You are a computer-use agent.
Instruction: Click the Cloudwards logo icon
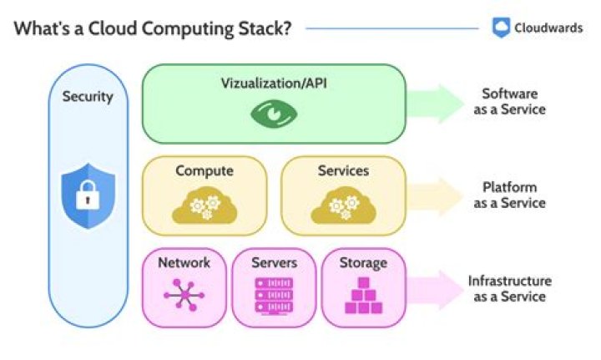point(501,28)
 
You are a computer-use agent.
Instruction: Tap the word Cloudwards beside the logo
point(548,28)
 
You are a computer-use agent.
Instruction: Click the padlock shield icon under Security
point(88,197)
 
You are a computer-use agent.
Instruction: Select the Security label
point(88,97)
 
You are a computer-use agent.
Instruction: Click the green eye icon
point(273,113)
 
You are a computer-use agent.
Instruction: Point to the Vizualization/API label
point(273,84)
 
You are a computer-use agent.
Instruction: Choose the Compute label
point(205,171)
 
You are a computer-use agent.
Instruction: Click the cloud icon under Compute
point(205,207)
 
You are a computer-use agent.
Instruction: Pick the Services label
point(343,171)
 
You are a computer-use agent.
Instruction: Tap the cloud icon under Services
point(343,207)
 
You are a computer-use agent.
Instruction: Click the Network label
point(184,263)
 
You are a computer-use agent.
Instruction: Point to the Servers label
point(275,263)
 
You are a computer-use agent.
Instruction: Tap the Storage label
point(363,263)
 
